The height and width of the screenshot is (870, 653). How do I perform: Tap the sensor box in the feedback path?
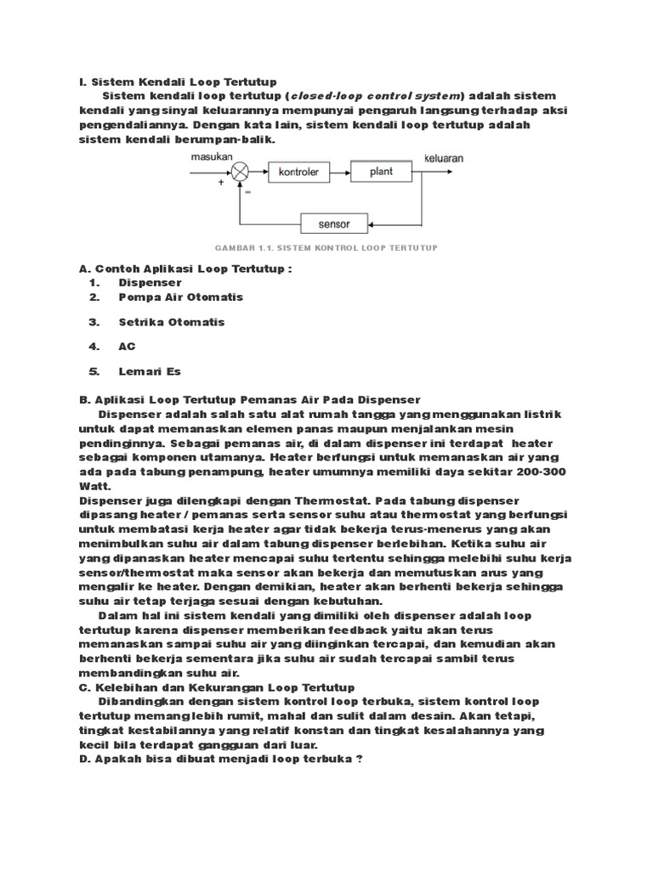[x=334, y=224]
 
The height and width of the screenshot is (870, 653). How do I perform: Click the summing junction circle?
[x=242, y=172]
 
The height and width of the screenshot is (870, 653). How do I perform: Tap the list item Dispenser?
[x=150, y=282]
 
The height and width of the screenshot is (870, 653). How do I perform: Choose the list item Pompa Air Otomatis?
[x=180, y=297]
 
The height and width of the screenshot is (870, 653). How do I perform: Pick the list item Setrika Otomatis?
[x=172, y=322]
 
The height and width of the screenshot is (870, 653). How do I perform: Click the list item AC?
[x=127, y=347]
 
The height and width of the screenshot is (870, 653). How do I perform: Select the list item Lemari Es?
[x=150, y=371]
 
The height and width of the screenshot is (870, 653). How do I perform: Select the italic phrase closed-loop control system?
[x=378, y=96]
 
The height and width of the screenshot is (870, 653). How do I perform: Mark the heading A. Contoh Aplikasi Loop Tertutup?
[x=185, y=268]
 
